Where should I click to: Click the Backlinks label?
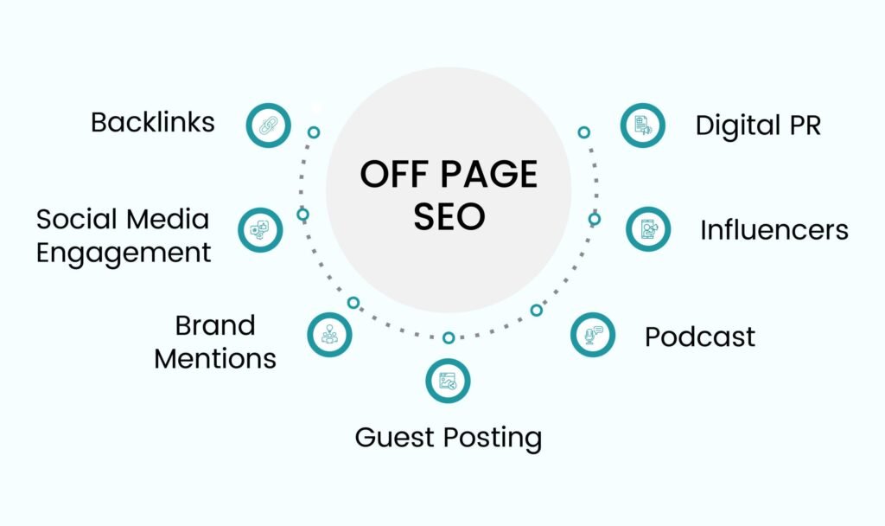coord(153,123)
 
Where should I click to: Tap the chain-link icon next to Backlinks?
coord(268,125)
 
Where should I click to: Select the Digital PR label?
coord(758,125)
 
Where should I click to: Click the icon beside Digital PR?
coord(642,125)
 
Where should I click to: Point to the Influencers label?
coord(774,230)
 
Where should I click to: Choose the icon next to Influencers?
coord(648,229)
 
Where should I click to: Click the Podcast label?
coord(700,337)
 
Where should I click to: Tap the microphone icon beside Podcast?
coord(593,335)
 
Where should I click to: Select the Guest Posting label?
coord(449,438)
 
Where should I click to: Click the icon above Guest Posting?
coord(448,381)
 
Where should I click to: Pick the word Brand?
coord(215,325)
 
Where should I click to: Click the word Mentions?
coord(215,359)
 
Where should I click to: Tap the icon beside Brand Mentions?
coord(329,335)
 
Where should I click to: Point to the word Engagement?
coord(124,253)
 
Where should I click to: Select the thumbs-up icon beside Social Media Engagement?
coord(260,230)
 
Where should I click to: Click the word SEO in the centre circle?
coord(449,216)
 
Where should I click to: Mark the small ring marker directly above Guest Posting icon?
coord(449,338)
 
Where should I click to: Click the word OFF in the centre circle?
coord(394,174)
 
